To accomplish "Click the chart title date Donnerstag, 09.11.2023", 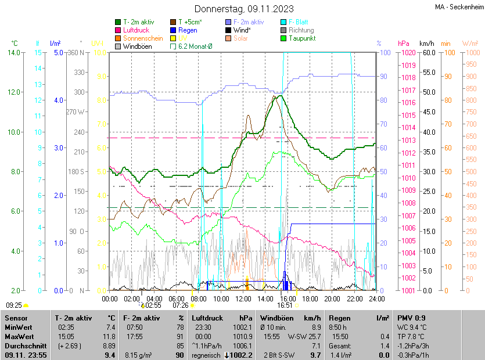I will tap(244, 9).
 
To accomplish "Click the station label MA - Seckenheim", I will tap(459, 7).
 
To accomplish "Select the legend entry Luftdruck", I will tap(136, 30).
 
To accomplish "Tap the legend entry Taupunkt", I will tap(302, 38).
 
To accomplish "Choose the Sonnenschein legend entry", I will tap(143, 38).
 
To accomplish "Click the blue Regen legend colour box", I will tap(173, 30).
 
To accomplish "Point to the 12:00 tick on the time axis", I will tap(243, 298).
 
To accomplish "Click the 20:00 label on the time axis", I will tap(332, 298).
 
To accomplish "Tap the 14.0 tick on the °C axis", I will tap(15, 53).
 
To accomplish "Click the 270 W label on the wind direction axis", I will tap(76, 112).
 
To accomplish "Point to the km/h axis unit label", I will tap(426, 44).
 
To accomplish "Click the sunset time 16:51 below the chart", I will tap(285, 305).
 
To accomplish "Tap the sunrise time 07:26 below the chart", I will tap(181, 305).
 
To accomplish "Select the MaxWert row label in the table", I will tap(20, 336).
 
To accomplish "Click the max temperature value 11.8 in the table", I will tap(109, 336).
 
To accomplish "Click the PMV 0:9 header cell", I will tap(411, 318).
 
